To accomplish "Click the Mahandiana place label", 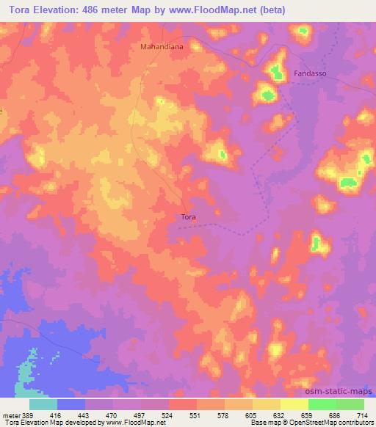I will coord(161,45).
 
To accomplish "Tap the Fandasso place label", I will coord(309,74).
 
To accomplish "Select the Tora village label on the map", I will coord(188,216).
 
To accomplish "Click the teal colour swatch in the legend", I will coord(43,404).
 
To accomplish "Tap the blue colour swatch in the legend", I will coord(71,404).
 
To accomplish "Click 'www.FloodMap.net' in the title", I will coord(220,11).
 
